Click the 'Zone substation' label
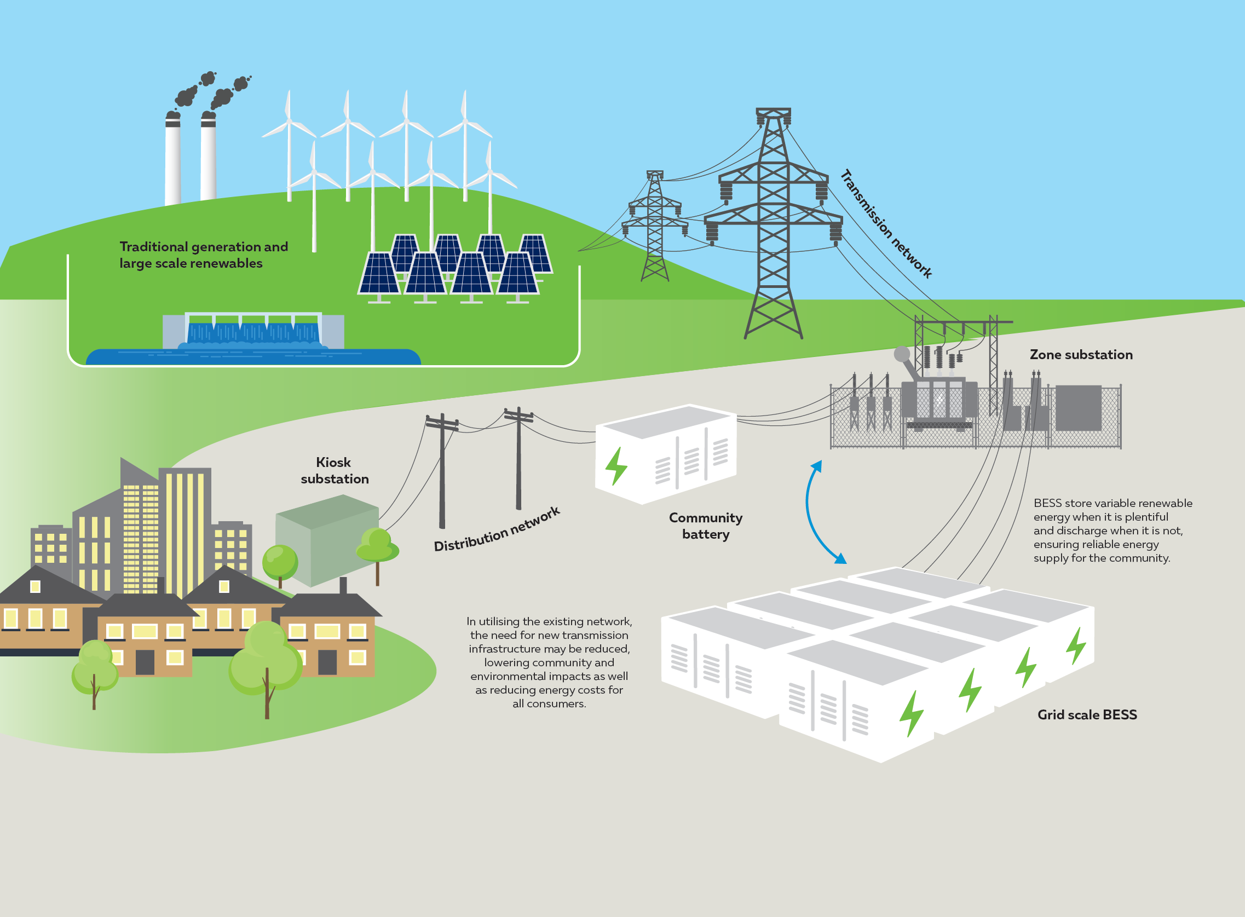point(1081,354)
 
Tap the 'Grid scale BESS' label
point(1087,714)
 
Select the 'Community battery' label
point(706,526)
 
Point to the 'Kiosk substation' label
point(334,470)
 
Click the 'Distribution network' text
point(497,529)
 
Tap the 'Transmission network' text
point(886,223)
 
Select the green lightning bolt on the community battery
point(615,466)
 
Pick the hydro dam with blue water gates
point(253,331)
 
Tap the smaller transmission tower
point(655,226)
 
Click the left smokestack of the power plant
point(172,158)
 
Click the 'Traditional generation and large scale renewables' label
point(204,255)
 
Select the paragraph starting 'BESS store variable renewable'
point(1113,530)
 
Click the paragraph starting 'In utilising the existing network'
point(549,662)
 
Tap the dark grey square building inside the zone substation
point(1078,408)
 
